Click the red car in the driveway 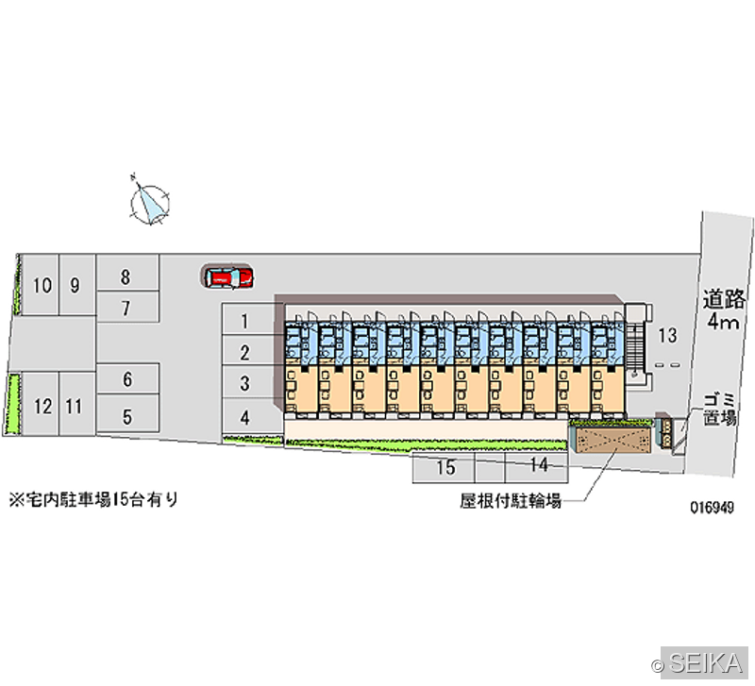point(228,277)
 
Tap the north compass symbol point(150,201)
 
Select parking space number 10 point(41,285)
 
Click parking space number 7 point(127,307)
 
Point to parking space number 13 point(667,336)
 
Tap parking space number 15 point(444,467)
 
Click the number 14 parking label point(539,464)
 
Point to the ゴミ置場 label point(720,410)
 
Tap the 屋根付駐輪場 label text point(511,501)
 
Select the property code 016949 point(713,508)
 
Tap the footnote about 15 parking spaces point(93,500)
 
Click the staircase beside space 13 point(634,345)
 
